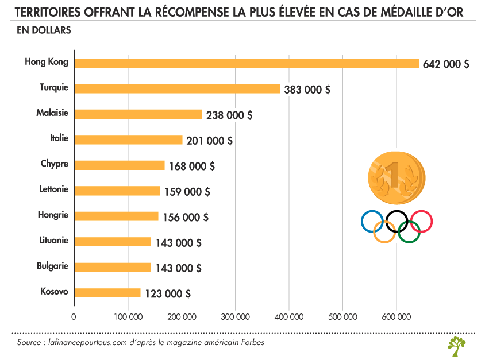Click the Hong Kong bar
pos(247,63)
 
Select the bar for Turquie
pos(177,88)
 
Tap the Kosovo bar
pos(107,293)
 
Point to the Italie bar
pos(128,140)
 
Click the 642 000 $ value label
pos(446,64)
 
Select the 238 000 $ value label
pos(229,115)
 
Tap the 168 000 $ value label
pos(192,166)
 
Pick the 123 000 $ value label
pos(168,293)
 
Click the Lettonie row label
pos(54,189)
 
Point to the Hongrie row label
pos(53,215)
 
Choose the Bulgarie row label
pos(52,266)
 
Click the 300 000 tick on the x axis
pos(235,317)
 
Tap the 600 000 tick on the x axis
pos(397,317)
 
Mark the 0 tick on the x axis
pos(74,317)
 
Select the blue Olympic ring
pos(372,221)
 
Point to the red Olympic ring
pos(421,221)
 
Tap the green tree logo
pos(457,346)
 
